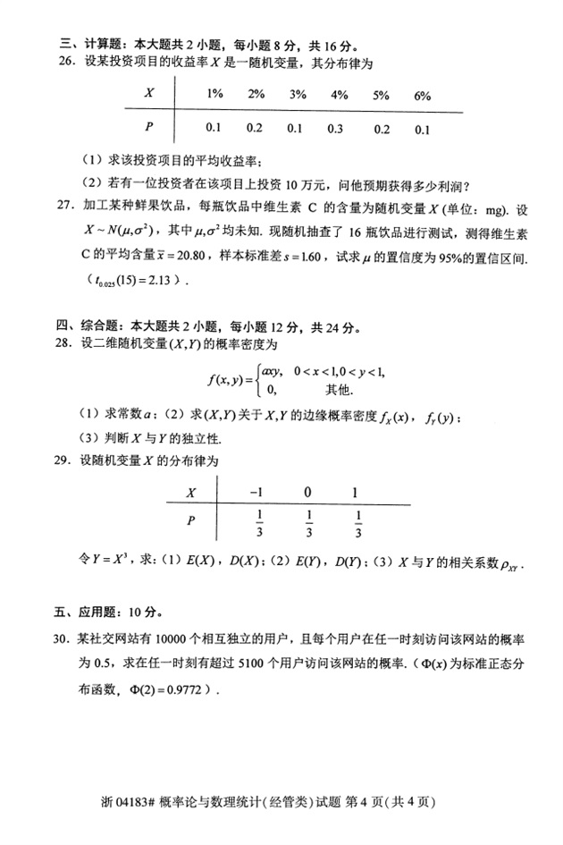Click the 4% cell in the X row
339,95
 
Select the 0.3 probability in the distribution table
336,129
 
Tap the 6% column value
423,95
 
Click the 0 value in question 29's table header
307,491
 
